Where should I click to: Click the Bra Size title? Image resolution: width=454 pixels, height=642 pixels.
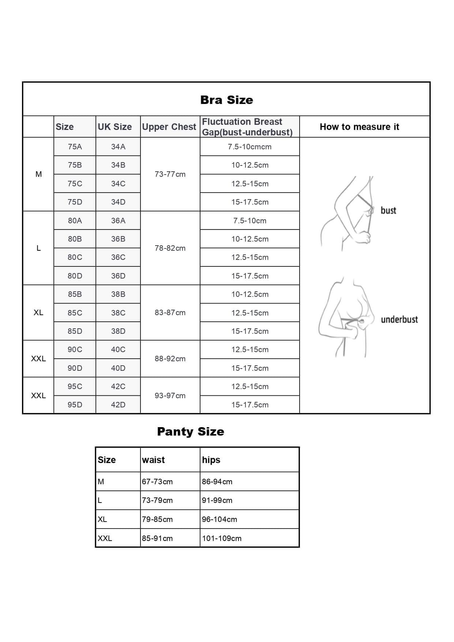pyautogui.click(x=226, y=100)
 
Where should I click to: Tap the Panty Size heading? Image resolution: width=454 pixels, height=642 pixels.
pyautogui.click(x=190, y=432)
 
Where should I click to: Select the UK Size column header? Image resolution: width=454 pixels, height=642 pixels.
pyautogui.click(x=115, y=127)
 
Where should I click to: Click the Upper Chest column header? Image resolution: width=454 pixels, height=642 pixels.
pyautogui.click(x=169, y=127)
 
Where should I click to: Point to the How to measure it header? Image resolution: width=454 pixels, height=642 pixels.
pyautogui.click(x=359, y=127)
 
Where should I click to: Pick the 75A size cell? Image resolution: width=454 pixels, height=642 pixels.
pyautogui.click(x=75, y=147)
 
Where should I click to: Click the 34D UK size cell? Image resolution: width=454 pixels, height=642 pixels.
pyautogui.click(x=118, y=202)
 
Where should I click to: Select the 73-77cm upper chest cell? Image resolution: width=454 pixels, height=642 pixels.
pyautogui.click(x=170, y=174)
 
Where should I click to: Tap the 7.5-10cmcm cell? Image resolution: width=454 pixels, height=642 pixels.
pyautogui.click(x=249, y=147)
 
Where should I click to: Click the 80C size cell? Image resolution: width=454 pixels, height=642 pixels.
pyautogui.click(x=75, y=257)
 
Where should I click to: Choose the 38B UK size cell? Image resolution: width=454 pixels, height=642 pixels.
pyautogui.click(x=118, y=294)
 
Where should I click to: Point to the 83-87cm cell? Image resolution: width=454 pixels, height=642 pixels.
pyautogui.click(x=170, y=313)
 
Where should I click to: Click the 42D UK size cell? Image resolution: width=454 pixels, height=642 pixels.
pyautogui.click(x=118, y=405)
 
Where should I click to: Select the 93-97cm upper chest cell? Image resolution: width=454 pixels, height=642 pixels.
pyautogui.click(x=170, y=396)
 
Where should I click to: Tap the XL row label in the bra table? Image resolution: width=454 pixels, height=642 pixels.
pyautogui.click(x=38, y=313)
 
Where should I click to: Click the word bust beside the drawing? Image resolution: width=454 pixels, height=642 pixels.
pyautogui.click(x=388, y=210)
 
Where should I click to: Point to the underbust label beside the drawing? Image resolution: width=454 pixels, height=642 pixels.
pyautogui.click(x=399, y=320)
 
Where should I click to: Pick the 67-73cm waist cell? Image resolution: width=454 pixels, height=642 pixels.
pyautogui.click(x=157, y=482)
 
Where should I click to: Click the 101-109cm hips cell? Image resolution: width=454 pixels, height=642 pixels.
pyautogui.click(x=222, y=538)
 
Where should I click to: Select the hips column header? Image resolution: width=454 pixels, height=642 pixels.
pyautogui.click(x=211, y=460)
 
